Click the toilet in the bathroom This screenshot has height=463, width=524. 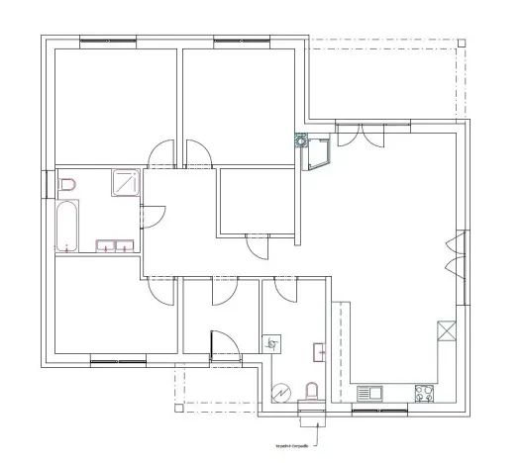[x=67, y=185]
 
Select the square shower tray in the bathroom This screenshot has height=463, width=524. [x=126, y=183]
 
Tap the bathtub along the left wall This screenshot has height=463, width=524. [x=67, y=227]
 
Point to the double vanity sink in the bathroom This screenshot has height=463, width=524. [x=114, y=246]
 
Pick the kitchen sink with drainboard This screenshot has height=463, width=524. [x=369, y=392]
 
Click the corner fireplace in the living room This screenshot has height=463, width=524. [x=318, y=153]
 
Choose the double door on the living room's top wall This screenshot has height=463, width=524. [x=361, y=134]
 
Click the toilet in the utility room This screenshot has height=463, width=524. [x=312, y=392]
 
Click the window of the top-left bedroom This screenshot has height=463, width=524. [x=109, y=41]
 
